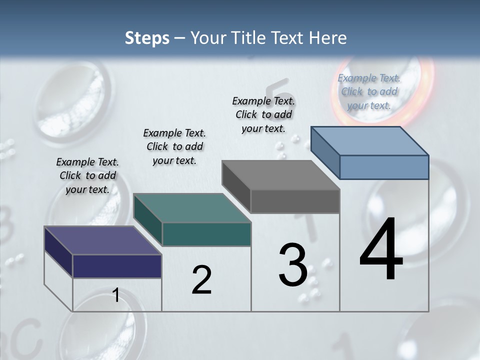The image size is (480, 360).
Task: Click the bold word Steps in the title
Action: (147, 38)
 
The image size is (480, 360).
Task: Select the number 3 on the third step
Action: (292, 265)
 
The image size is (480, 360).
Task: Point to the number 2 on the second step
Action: (201, 280)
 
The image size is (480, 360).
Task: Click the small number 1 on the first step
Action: (115, 295)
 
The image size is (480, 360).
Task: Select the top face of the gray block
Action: (280, 175)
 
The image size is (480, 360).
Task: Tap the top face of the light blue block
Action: (369, 140)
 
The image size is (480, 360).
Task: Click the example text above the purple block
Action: (87, 175)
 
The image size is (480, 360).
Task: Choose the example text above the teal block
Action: (174, 146)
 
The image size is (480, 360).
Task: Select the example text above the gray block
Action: (263, 114)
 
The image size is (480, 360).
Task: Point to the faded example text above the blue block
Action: (369, 91)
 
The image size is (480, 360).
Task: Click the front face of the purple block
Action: (117, 266)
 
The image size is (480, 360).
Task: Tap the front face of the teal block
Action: (206, 234)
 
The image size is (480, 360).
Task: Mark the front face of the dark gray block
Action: (295, 201)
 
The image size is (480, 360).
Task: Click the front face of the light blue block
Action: (384, 167)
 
